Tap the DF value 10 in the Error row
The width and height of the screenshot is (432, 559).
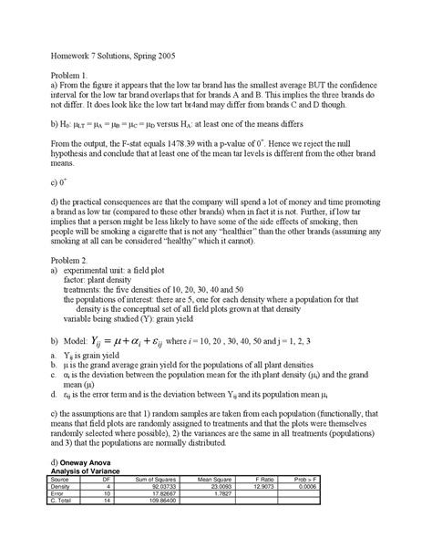pos(108,544)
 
